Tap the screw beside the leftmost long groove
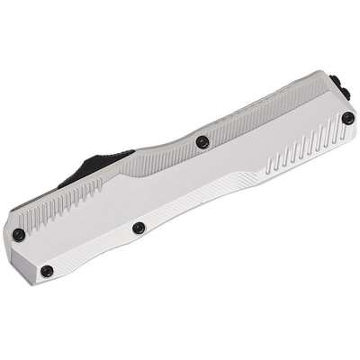pos(19,234)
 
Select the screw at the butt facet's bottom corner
pos(47,271)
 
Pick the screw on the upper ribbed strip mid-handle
pos(202,141)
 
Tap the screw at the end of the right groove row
pos(347,117)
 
